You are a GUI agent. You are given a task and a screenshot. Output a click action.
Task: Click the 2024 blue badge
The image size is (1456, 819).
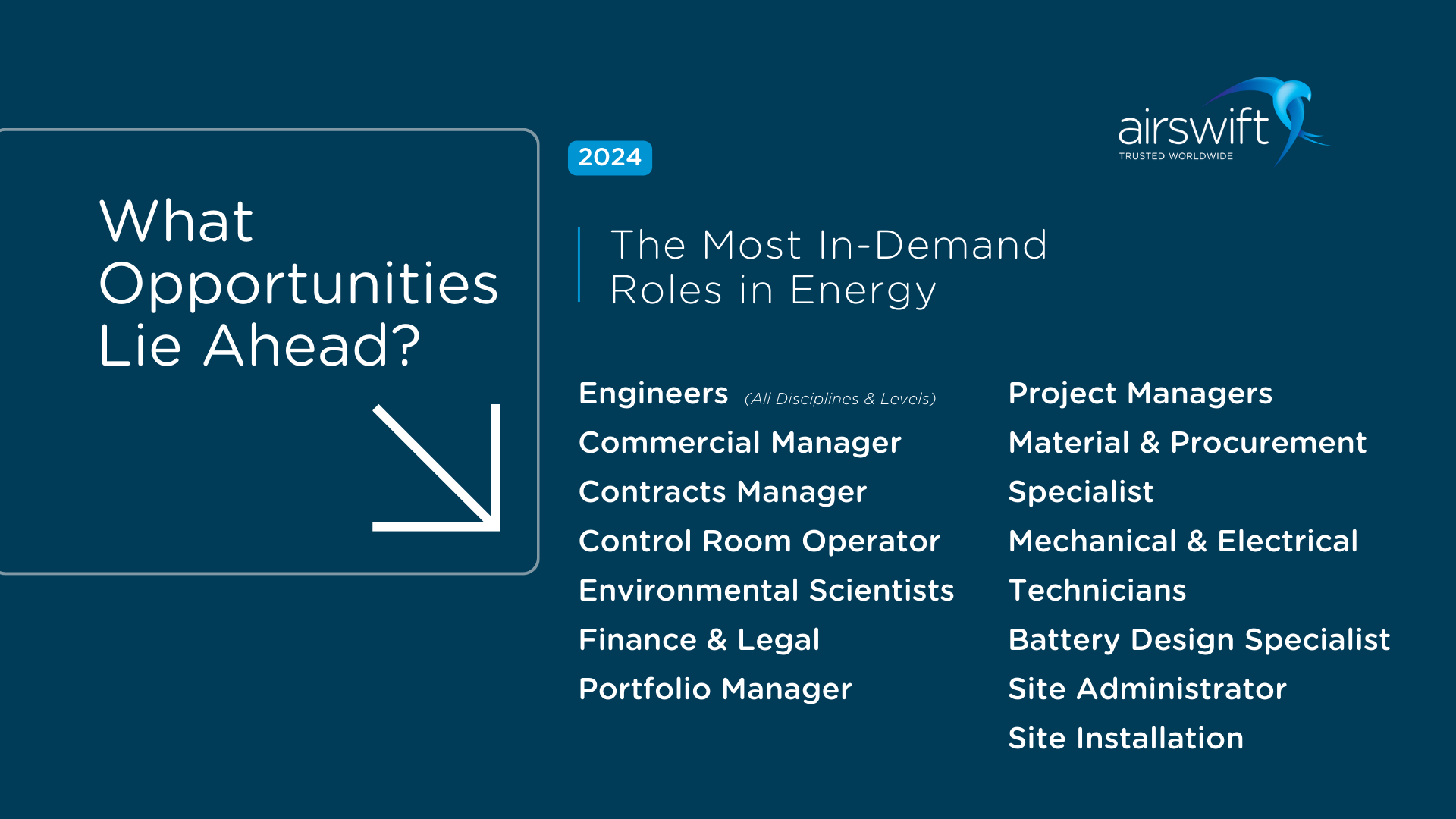click(610, 158)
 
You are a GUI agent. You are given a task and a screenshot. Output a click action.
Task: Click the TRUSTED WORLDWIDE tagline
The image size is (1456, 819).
click(1175, 156)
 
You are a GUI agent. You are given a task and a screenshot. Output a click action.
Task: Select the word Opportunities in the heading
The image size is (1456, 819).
click(299, 284)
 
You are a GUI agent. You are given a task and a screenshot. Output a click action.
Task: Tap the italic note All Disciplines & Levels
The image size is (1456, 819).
click(839, 399)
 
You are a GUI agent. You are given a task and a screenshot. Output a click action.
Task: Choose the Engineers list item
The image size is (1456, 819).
click(653, 394)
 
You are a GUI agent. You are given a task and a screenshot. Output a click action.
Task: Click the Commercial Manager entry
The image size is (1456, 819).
click(739, 443)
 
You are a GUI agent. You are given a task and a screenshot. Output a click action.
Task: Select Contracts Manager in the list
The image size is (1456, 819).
click(722, 492)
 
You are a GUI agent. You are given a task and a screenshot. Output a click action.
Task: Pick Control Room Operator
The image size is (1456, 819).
click(759, 541)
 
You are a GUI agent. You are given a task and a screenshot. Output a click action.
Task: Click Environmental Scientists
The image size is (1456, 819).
click(766, 591)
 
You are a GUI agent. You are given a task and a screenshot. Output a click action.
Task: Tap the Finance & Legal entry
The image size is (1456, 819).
click(699, 640)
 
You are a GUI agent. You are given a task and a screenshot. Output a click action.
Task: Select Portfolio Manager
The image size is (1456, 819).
click(715, 689)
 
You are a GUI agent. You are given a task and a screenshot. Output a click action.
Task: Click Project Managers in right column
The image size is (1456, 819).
click(1140, 394)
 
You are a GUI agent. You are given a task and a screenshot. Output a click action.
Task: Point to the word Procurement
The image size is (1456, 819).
click(1268, 443)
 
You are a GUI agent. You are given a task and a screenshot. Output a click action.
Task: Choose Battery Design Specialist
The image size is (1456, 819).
click(1199, 640)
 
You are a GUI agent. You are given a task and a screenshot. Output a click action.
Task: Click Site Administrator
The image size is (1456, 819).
click(1147, 689)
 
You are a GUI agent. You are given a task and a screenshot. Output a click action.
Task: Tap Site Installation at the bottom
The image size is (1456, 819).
click(1125, 739)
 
